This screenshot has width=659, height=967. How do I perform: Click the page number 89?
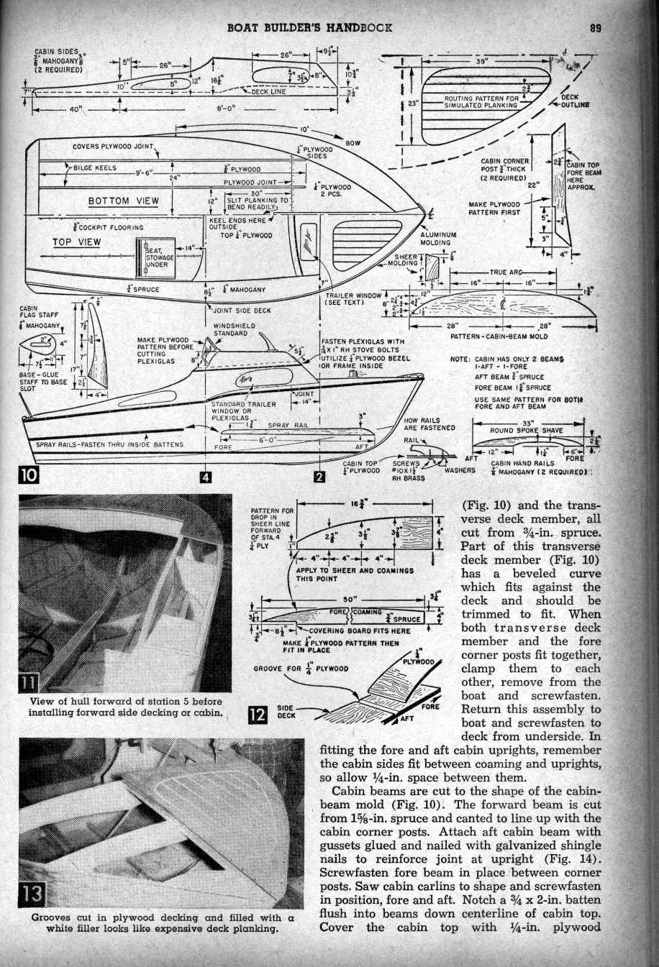click(x=595, y=29)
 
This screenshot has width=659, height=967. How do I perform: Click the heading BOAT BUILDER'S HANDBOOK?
click(x=309, y=29)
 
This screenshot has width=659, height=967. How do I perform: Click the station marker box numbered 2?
click(x=319, y=477)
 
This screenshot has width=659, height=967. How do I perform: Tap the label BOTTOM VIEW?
click(x=124, y=200)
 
